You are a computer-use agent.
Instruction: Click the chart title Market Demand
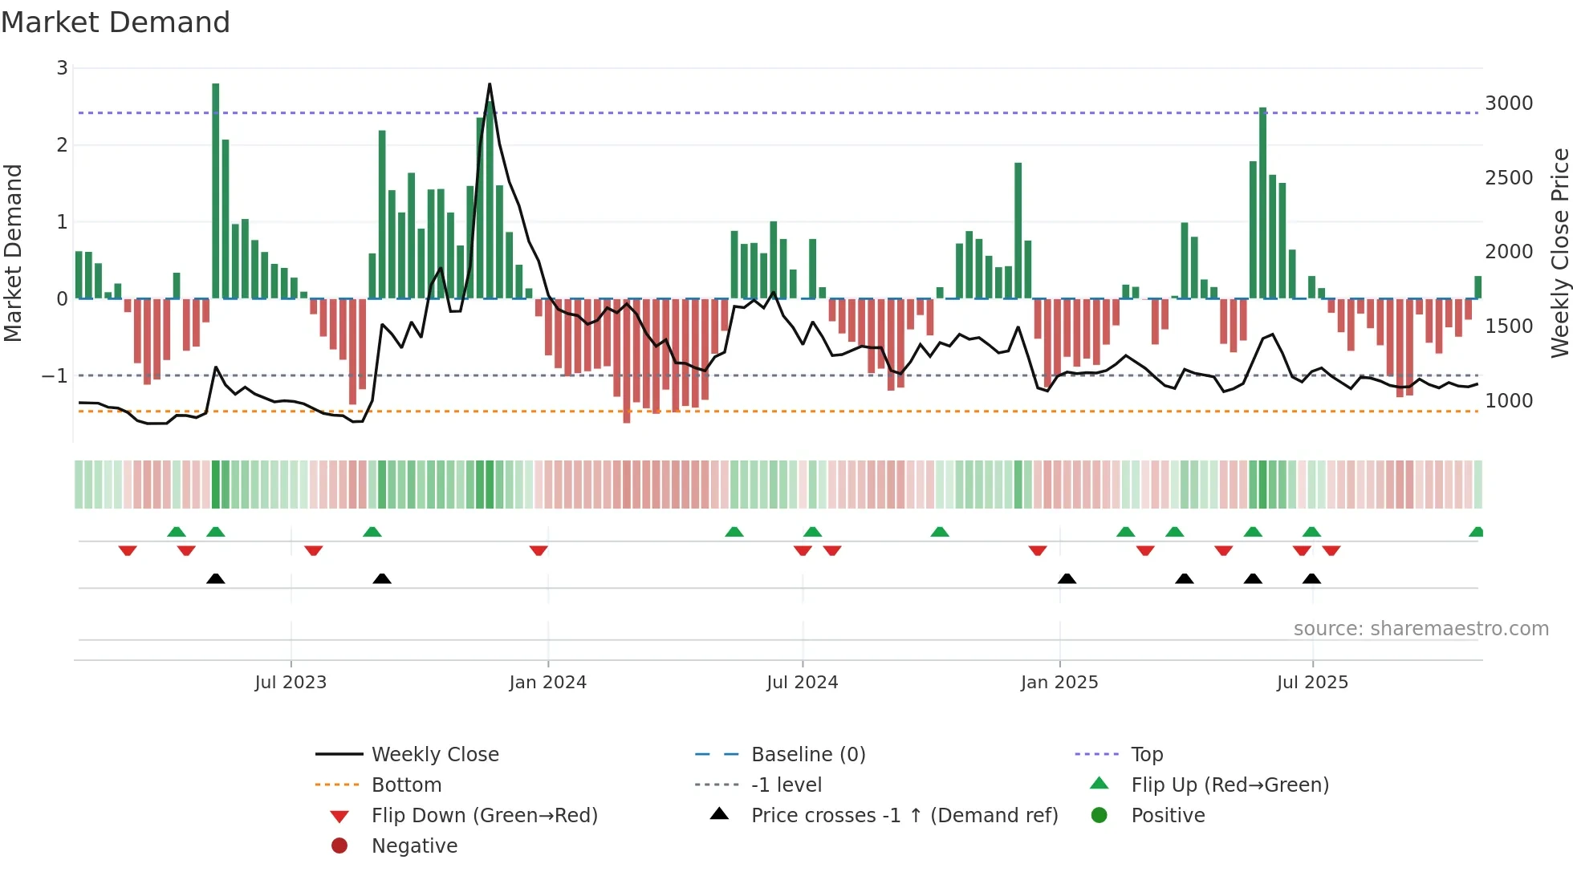pyautogui.click(x=116, y=22)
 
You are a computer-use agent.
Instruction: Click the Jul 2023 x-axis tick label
pyautogui.click(x=291, y=683)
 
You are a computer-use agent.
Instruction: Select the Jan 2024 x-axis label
pyautogui.click(x=548, y=683)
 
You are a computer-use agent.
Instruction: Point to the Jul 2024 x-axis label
pyautogui.click(x=802, y=683)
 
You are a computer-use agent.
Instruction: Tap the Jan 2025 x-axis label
pyautogui.click(x=1059, y=683)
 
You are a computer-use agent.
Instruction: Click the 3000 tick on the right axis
pyautogui.click(x=1509, y=103)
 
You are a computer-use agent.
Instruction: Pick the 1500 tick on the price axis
pyautogui.click(x=1509, y=326)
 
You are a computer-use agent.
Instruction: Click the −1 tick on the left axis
pyautogui.click(x=55, y=375)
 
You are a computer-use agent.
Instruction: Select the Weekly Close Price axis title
pyautogui.click(x=1559, y=253)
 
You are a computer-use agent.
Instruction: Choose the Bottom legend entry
pyautogui.click(x=406, y=785)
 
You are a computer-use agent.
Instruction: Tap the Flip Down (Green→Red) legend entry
pyautogui.click(x=484, y=816)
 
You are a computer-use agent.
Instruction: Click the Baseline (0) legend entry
pyautogui.click(x=808, y=755)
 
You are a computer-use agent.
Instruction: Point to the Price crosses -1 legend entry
pyautogui.click(x=904, y=816)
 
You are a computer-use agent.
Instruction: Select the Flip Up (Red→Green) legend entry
pyautogui.click(x=1230, y=785)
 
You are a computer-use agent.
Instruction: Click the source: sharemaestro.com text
pyautogui.click(x=1421, y=629)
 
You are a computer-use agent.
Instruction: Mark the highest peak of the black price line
pyautogui.click(x=490, y=84)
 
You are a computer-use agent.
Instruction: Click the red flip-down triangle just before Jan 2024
pyautogui.click(x=539, y=550)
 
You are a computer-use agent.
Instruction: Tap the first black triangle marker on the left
pyautogui.click(x=216, y=578)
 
